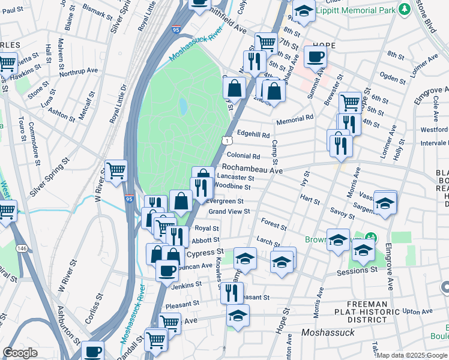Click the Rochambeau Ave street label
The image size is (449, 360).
[252, 169]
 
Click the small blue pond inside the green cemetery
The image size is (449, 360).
[182, 107]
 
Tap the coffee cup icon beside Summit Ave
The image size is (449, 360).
[315, 57]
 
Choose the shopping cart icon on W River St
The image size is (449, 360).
[115, 170]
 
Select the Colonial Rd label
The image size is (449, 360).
[243, 155]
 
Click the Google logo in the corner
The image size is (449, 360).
[20, 353]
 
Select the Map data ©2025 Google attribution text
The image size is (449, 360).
[412, 355]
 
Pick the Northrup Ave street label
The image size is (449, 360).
[80, 71]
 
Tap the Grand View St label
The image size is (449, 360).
[229, 211]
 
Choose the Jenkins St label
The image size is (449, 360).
[186, 286]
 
